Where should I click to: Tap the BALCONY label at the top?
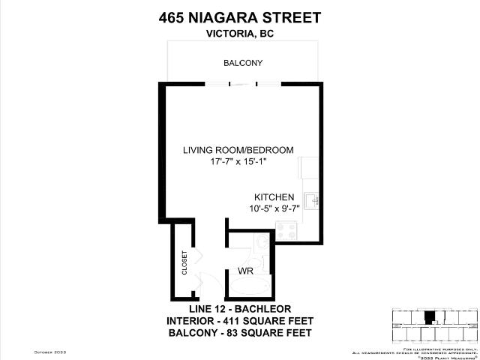[x=243, y=63]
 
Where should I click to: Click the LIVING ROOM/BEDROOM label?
[x=238, y=150]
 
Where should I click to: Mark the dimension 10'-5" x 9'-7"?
[x=274, y=209]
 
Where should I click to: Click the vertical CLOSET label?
[x=184, y=263]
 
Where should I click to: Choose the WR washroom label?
[x=245, y=270]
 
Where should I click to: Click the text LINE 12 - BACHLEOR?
[x=239, y=309]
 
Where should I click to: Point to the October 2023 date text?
[x=49, y=352]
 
